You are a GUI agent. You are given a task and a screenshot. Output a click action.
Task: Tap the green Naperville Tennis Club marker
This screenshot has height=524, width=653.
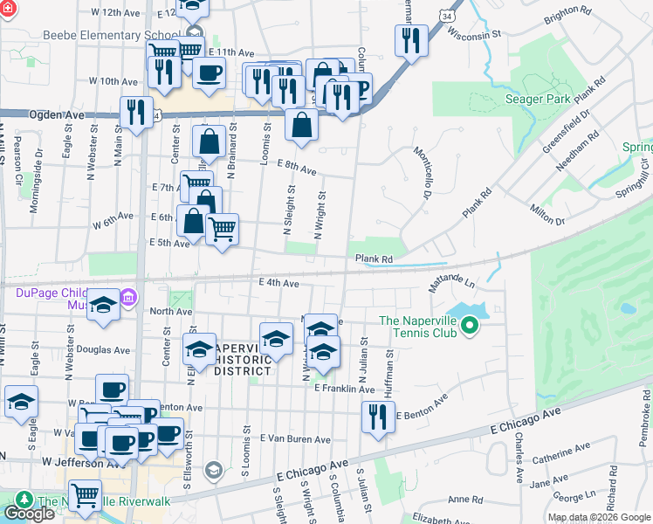point(470,327)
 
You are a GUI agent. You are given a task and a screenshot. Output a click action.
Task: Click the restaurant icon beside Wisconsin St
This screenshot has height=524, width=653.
point(410,39)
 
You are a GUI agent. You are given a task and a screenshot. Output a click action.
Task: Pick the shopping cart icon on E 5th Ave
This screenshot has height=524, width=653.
point(223,229)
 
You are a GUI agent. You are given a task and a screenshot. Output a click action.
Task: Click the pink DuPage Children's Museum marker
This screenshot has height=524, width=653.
point(129,299)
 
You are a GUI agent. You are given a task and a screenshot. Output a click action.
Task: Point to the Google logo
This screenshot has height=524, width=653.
point(29,514)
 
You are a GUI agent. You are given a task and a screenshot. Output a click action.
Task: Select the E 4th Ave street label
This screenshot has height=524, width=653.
point(278,283)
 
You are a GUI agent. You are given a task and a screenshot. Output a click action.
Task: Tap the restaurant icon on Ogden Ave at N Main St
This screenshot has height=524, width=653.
point(135,111)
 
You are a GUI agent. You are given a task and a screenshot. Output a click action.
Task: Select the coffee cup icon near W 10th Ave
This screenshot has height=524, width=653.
point(209,74)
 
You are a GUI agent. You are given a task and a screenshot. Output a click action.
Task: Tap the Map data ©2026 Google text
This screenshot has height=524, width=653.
point(598,517)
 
